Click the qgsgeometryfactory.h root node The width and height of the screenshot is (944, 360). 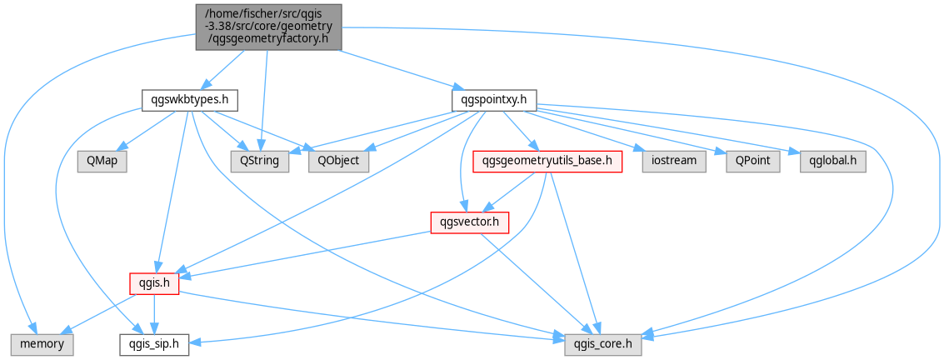coord(269,27)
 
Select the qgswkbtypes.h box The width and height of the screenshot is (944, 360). coord(190,101)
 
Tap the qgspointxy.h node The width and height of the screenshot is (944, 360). coord(494,101)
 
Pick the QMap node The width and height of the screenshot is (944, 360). coord(102,162)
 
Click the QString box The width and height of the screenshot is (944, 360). coord(259,162)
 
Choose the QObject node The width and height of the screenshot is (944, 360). coord(338,162)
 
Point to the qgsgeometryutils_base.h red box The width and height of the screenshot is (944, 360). coord(547,162)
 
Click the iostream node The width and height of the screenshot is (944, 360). coord(674,162)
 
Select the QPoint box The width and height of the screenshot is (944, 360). coord(753,162)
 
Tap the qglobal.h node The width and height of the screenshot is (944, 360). coord(833,162)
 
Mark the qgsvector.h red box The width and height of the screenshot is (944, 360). coord(470,222)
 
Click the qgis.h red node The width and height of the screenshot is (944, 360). coord(155,283)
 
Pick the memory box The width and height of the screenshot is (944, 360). coord(42,344)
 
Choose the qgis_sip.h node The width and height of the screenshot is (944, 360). coord(155,344)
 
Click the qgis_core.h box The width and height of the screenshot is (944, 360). coord(602,344)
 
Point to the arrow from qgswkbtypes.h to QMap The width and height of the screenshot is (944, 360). coord(147,130)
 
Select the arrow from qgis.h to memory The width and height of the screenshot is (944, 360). coord(99,313)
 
